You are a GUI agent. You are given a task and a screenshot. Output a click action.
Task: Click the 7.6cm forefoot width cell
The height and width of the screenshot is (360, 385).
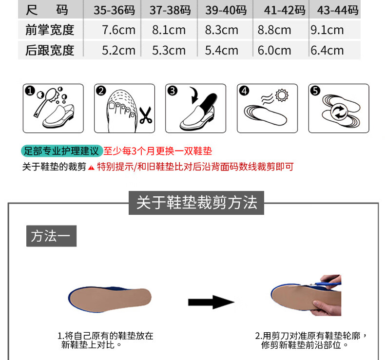click(x=118, y=30)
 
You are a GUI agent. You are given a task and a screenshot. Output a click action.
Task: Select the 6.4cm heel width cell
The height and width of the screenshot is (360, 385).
click(x=327, y=50)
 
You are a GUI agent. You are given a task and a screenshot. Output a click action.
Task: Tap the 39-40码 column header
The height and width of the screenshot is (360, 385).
click(x=226, y=10)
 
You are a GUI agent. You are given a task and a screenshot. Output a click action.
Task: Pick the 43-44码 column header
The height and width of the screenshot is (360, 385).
click(x=338, y=10)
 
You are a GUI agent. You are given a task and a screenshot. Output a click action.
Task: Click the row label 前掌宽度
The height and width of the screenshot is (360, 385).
click(x=50, y=30)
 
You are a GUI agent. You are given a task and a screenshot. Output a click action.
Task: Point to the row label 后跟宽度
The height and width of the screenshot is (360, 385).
click(x=50, y=50)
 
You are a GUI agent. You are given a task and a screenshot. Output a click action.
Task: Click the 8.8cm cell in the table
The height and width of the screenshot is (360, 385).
click(x=274, y=30)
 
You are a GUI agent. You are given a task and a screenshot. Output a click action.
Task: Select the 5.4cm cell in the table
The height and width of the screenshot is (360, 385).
click(x=221, y=50)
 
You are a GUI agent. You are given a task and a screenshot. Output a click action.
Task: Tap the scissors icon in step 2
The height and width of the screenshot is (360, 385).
click(x=146, y=115)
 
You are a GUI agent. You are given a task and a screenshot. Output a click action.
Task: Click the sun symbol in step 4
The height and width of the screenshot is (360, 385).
click(x=282, y=95)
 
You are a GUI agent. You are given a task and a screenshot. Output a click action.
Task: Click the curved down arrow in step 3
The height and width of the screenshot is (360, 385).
click(x=194, y=95)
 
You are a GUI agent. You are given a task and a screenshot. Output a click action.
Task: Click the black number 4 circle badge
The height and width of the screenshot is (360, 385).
click(x=244, y=91)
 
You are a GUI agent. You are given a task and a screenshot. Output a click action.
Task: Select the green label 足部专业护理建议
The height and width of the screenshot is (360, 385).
click(x=61, y=151)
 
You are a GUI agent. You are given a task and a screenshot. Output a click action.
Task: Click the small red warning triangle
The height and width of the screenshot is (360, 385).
click(x=91, y=168)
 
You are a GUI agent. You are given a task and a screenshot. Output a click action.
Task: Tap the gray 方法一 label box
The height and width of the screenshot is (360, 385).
click(x=51, y=236)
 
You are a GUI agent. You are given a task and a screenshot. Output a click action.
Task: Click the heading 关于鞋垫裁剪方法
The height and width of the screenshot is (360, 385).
click(x=196, y=203)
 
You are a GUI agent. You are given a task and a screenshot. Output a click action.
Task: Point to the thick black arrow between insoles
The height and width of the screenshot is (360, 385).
click(x=211, y=302)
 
